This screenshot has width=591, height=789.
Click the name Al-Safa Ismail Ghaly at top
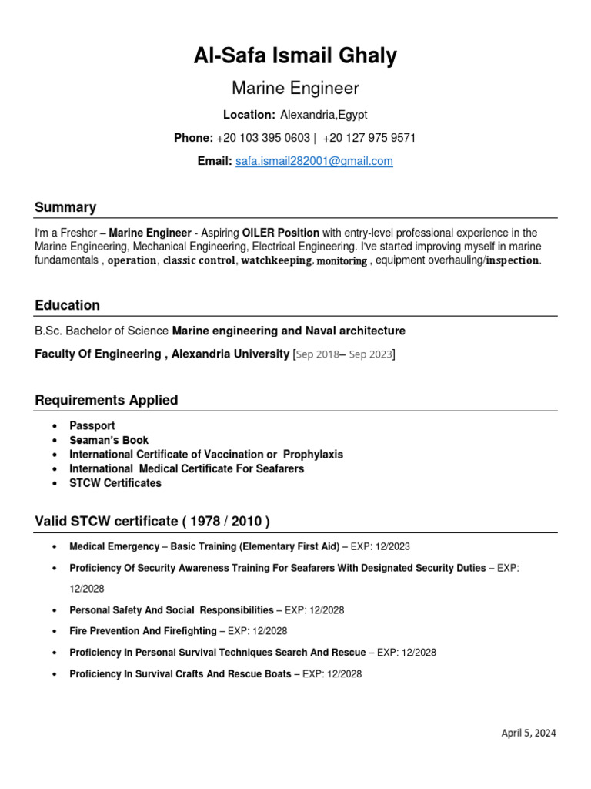point(295,56)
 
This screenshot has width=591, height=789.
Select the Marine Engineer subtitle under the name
point(295,89)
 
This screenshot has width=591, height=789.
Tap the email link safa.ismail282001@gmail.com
point(314,161)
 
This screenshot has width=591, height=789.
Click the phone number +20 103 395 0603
point(263,138)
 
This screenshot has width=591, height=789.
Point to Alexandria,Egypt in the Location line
point(324,115)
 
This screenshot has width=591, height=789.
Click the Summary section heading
point(65,207)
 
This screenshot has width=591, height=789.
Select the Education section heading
point(67,305)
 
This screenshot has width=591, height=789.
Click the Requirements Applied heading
point(106,400)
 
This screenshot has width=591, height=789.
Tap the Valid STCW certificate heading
point(152,522)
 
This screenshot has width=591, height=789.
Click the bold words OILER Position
point(280,233)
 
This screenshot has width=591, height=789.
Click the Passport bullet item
point(92,425)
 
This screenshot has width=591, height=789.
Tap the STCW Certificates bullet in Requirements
point(115,483)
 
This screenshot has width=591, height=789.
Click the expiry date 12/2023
point(392,546)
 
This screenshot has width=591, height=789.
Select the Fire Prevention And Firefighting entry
point(143,631)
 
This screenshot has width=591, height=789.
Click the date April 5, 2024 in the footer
point(529,733)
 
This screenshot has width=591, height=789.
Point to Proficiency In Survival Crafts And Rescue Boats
point(180,673)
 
